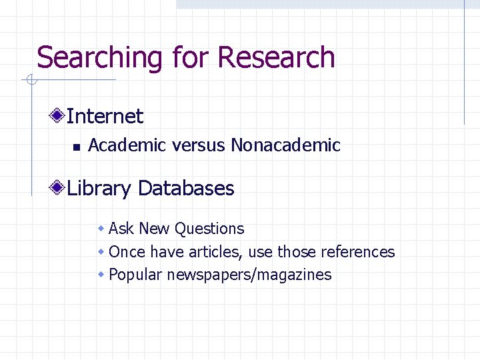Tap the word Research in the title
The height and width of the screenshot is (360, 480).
(x=276, y=58)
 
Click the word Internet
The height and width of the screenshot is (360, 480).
(x=105, y=117)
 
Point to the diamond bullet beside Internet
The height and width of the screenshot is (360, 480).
(x=59, y=116)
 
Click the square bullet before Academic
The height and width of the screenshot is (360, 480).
(x=76, y=146)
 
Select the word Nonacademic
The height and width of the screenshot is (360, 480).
(x=285, y=145)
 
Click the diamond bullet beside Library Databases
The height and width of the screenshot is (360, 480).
(x=59, y=189)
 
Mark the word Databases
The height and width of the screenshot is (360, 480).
(x=186, y=189)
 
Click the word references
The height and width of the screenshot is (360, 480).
(x=358, y=252)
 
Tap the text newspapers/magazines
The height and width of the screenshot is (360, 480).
(x=249, y=275)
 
